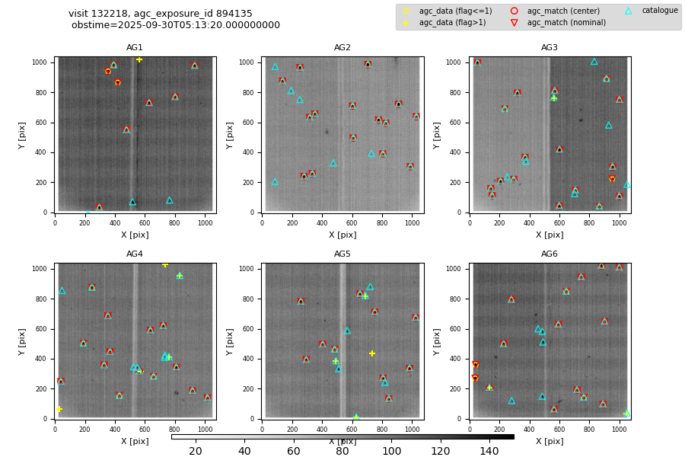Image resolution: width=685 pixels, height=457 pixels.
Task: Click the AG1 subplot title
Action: coord(135,48)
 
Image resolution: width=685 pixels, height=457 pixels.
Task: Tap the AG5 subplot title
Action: coord(342,254)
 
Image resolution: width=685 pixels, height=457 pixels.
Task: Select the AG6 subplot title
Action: coord(550,254)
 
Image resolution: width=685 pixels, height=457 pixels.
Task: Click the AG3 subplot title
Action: coord(550,48)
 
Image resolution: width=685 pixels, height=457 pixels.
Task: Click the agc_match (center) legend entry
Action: coord(563,11)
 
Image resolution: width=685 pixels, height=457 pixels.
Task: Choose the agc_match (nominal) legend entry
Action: coord(566,23)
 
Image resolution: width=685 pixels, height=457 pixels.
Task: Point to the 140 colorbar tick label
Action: coord(489,452)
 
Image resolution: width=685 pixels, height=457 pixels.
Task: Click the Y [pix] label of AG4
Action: coord(23,340)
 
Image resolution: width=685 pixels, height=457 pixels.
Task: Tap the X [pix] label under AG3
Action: coord(550,235)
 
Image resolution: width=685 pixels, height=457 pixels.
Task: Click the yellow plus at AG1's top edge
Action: coord(139,59)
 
